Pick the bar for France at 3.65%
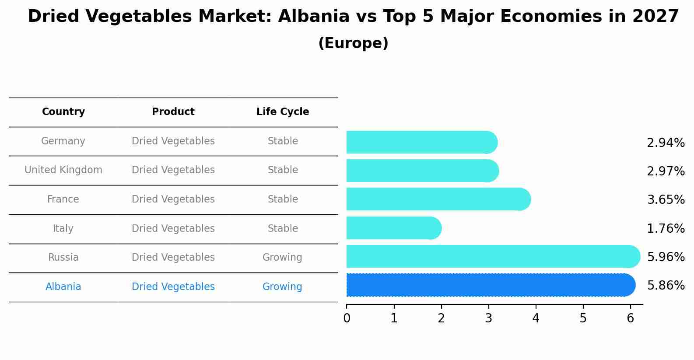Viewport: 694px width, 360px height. (438, 199)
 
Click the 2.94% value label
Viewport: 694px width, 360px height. (665, 143)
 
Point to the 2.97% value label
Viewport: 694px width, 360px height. (665, 171)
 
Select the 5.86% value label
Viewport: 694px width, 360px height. (665, 285)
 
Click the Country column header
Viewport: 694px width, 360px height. (63, 112)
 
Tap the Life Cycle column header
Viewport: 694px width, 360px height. (283, 112)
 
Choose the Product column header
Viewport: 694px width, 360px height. (173, 112)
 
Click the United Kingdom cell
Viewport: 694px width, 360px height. (63, 170)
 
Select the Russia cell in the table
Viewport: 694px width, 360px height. (63, 257)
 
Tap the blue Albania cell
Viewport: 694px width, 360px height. (63, 287)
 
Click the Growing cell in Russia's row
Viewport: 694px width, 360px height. (282, 257)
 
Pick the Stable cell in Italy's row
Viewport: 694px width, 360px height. (283, 228)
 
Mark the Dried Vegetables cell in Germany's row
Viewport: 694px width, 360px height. (173, 141)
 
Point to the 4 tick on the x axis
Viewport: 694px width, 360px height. (536, 318)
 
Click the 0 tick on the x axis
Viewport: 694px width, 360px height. (347, 318)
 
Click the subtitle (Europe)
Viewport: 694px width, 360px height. (353, 43)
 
